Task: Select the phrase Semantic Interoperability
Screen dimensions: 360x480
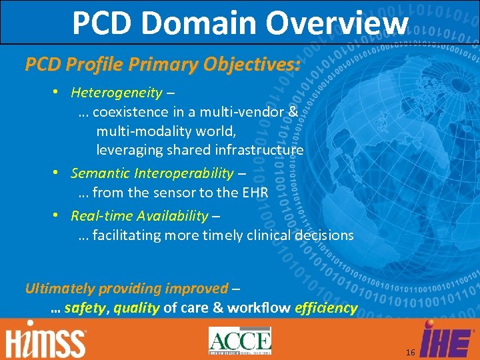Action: click(152, 174)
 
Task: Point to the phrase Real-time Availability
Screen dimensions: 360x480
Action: click(139, 215)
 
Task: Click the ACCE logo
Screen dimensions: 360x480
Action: click(240, 341)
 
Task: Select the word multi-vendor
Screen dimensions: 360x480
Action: click(251, 111)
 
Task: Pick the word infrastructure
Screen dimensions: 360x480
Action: click(259, 149)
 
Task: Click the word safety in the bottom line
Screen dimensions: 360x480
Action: click(85, 308)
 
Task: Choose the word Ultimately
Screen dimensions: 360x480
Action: click(59, 289)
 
